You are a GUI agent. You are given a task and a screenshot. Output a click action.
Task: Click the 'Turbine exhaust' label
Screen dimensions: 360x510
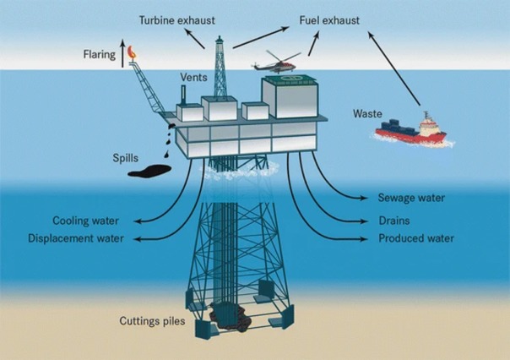click(x=176, y=19)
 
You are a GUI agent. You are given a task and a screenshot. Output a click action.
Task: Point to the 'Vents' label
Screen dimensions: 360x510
click(x=194, y=78)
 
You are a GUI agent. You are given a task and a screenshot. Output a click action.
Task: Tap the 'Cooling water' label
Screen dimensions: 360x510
click(x=84, y=221)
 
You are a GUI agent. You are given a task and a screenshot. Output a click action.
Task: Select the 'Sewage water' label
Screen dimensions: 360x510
click(x=411, y=199)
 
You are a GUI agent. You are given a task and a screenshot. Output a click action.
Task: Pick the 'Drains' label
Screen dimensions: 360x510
click(x=394, y=221)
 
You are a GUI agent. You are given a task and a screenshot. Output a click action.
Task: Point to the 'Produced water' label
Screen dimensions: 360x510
click(x=416, y=239)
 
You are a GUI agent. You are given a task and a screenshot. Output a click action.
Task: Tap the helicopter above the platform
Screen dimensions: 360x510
click(x=274, y=64)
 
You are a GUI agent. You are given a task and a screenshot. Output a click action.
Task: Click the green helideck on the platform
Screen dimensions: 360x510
click(x=291, y=80)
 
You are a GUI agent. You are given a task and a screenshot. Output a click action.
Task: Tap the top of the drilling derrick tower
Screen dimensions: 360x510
click(x=219, y=40)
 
